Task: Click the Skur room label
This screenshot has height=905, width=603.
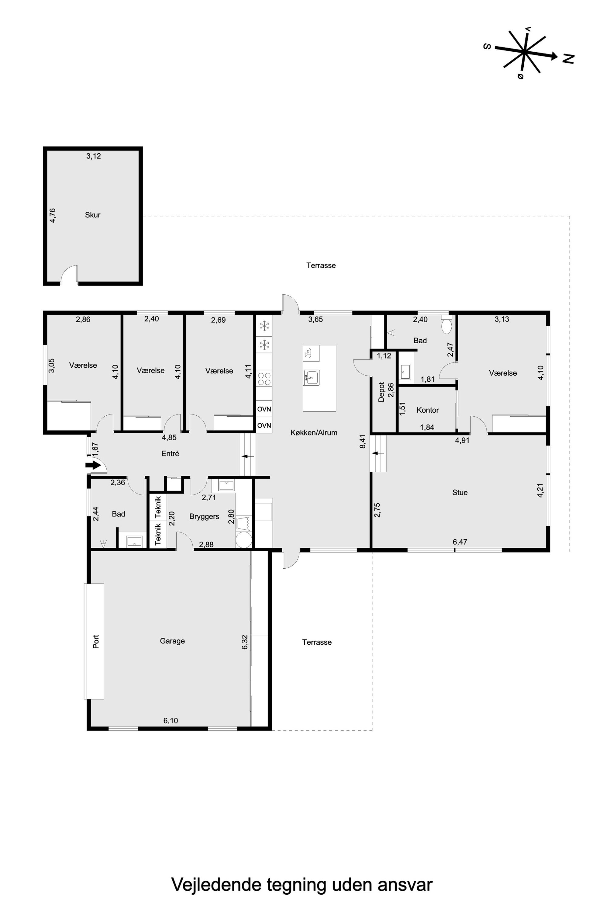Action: point(93,215)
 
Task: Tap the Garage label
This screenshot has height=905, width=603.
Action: point(172,641)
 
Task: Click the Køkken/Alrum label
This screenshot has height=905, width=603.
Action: point(314,432)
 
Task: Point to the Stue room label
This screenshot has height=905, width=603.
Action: point(460,493)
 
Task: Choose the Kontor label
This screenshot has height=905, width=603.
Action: point(428,410)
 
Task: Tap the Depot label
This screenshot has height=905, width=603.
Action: point(381,392)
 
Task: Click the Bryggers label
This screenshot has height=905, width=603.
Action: point(204,516)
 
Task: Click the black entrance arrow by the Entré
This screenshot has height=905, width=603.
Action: point(93,465)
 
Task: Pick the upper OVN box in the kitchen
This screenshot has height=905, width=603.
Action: point(264,409)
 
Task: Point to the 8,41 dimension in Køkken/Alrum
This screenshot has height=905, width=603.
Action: point(363,441)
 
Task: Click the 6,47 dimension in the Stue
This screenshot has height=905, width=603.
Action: point(460,542)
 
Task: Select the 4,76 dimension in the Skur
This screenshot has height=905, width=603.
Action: point(53,216)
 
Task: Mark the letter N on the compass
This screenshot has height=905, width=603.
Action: point(568,58)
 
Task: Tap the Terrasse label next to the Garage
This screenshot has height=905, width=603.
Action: point(317,642)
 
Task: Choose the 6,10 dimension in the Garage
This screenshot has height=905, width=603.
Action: point(171,721)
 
